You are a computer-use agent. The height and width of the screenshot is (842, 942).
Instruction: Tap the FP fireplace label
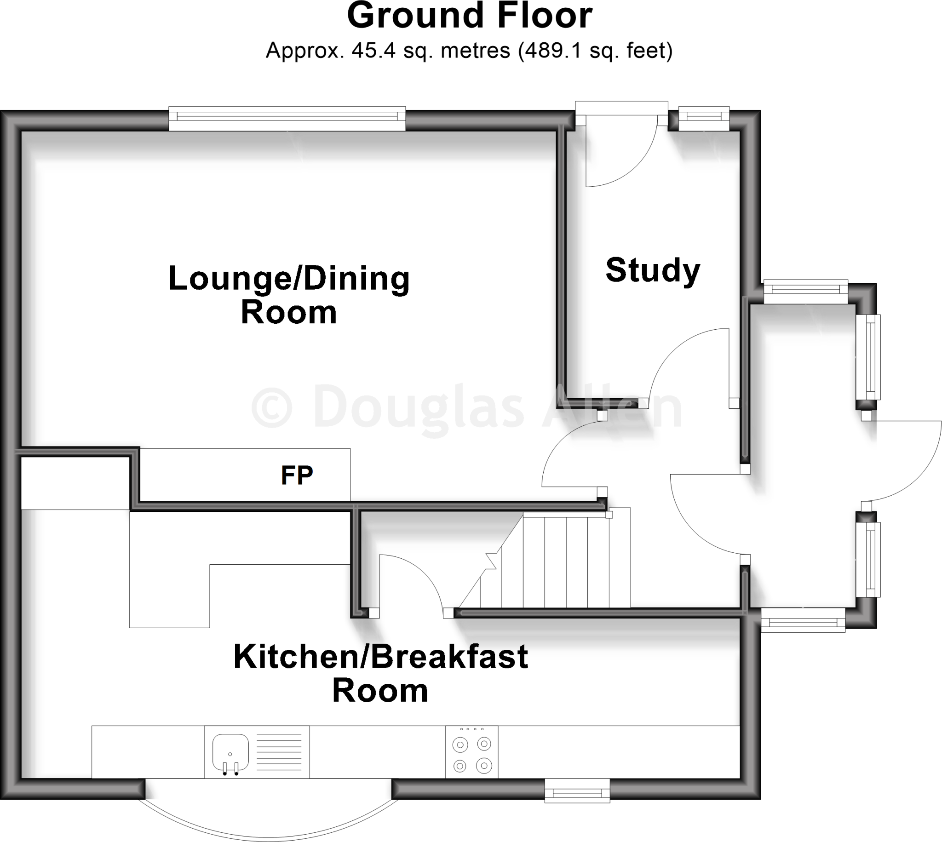pos(297,475)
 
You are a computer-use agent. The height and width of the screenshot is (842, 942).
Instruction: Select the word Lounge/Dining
pos(289,279)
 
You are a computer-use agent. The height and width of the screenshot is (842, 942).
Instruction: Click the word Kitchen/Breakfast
pos(380,657)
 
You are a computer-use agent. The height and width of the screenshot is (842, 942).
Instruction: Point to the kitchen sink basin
pos(230,752)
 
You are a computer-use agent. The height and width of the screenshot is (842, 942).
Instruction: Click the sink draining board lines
pos(279,752)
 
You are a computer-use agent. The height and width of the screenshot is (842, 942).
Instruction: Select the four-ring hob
pos(472,752)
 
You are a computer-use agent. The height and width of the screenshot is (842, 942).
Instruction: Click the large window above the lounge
pos(287,119)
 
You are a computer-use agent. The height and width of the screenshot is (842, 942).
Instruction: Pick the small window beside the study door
pos(704,119)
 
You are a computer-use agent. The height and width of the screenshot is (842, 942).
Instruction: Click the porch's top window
pos(805,292)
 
